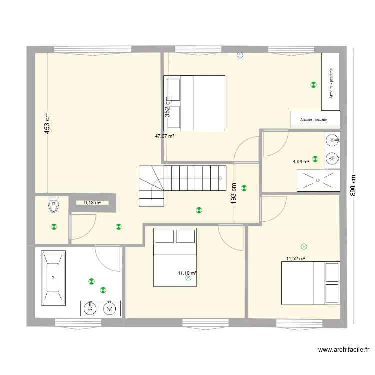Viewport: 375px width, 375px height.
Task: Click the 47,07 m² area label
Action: click(x=164, y=136)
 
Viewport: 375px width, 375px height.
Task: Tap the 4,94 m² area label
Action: click(x=301, y=161)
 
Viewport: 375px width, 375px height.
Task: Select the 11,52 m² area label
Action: click(x=295, y=259)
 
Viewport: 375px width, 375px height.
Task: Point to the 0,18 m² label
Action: click(x=92, y=203)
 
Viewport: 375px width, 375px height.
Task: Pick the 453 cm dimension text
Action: click(x=47, y=123)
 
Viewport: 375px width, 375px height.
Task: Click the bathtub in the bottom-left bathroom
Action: click(x=54, y=278)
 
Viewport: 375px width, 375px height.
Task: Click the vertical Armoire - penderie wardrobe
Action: click(x=331, y=82)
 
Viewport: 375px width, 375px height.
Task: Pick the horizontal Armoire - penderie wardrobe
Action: click(x=315, y=119)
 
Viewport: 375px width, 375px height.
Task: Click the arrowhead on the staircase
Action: click(x=220, y=178)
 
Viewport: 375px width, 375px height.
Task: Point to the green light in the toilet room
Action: click(x=54, y=227)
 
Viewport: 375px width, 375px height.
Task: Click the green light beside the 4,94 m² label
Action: click(x=315, y=159)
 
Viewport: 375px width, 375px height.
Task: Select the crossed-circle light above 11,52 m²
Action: click(x=303, y=246)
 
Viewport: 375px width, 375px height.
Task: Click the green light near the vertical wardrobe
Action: click(x=313, y=85)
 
